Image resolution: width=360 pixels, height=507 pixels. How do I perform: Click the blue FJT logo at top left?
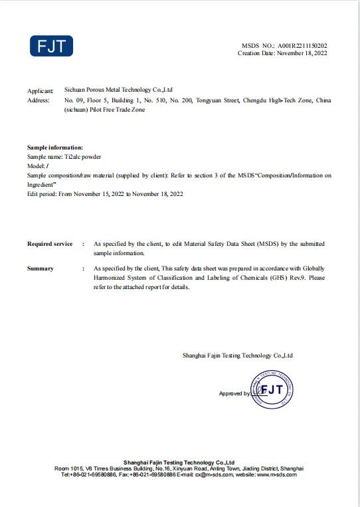click(51, 46)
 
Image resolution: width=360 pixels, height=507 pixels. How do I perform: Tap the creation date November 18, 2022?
click(302, 53)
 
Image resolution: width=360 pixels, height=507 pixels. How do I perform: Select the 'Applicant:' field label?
click(39, 90)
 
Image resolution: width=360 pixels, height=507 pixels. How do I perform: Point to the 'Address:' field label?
click(38, 100)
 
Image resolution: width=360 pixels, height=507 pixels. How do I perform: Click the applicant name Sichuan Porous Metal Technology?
click(118, 89)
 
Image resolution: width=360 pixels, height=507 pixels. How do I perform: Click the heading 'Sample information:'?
click(54, 147)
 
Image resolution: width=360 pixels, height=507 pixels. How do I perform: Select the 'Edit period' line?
click(105, 194)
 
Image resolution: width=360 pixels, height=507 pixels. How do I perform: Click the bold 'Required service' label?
click(50, 244)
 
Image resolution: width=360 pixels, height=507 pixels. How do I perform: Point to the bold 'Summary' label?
click(41, 268)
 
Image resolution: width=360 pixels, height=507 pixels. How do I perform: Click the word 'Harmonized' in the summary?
click(110, 278)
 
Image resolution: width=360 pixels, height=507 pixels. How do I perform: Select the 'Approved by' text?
click(234, 394)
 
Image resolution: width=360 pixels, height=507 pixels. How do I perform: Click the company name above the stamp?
click(237, 355)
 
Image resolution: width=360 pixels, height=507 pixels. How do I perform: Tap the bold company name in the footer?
click(179, 462)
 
